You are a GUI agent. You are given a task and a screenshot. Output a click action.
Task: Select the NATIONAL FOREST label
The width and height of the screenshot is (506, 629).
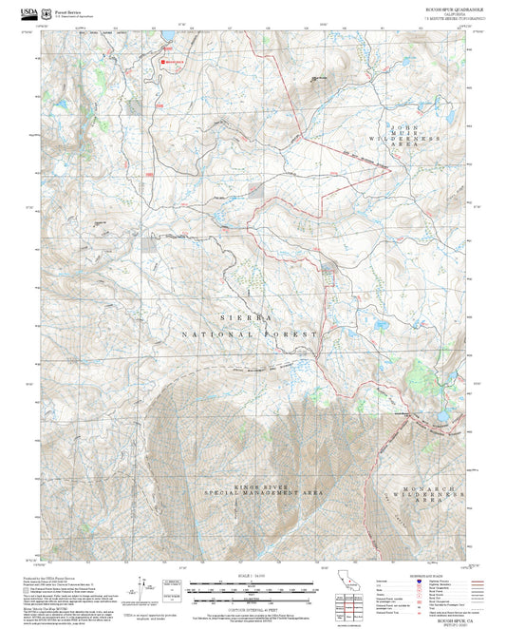[253, 334]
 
